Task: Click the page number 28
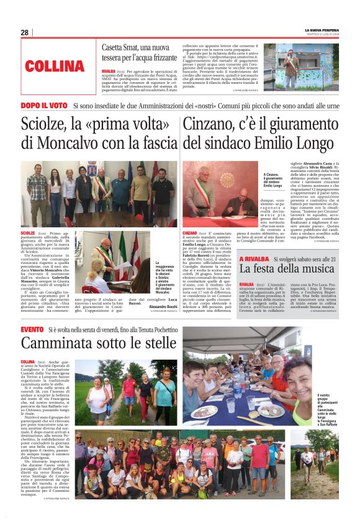click(x=24, y=32)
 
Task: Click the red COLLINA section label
click(x=55, y=65)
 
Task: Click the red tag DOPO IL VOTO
click(x=44, y=106)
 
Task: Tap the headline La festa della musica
click(x=286, y=269)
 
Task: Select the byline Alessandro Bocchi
click(x=164, y=306)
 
